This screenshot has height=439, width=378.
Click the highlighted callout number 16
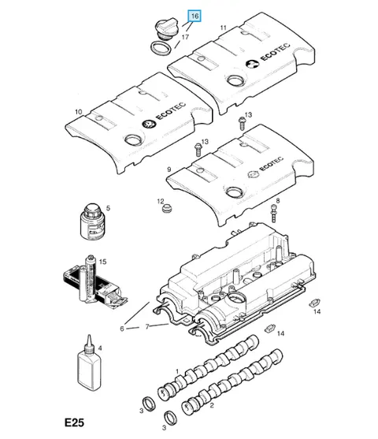195,16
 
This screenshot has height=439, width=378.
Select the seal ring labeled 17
161,48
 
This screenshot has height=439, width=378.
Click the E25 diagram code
74,422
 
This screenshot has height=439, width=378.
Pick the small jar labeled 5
93,221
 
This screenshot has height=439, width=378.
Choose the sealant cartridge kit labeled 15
94,283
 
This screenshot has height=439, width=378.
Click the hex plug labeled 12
167,208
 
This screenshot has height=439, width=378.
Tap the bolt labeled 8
273,214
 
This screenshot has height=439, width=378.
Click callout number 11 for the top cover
223,28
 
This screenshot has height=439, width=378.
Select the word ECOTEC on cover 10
170,111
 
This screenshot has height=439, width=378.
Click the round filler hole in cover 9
235,192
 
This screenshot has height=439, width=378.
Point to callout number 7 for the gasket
147,326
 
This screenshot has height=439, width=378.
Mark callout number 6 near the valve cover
122,329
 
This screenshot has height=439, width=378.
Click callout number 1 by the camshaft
177,371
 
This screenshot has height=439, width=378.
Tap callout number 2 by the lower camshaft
212,405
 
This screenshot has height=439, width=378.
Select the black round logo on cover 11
252,64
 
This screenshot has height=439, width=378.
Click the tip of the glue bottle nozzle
89,336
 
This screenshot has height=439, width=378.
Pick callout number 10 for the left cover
79,112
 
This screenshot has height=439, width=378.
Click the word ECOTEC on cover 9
271,164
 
